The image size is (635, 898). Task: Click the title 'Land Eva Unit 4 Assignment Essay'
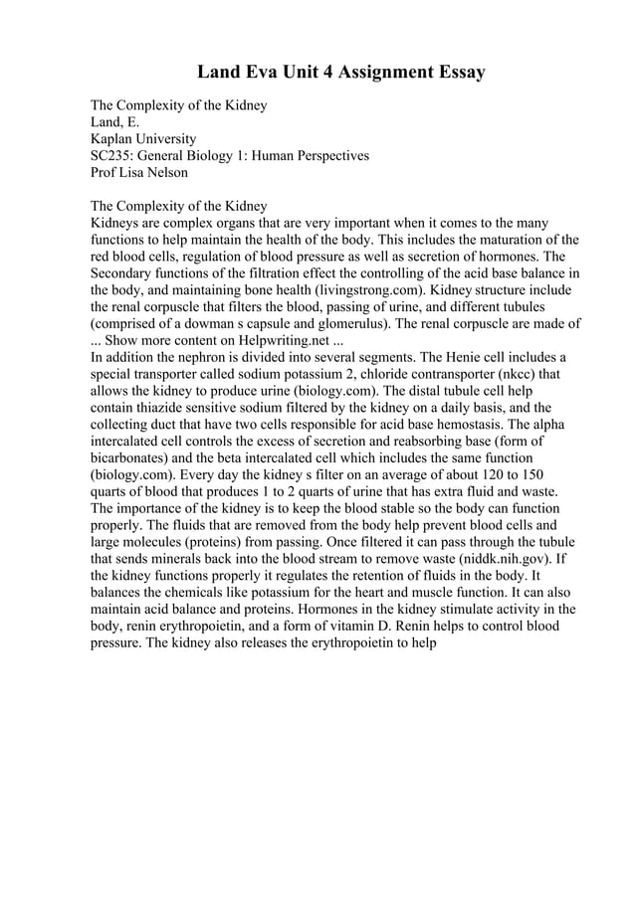click(x=340, y=73)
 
